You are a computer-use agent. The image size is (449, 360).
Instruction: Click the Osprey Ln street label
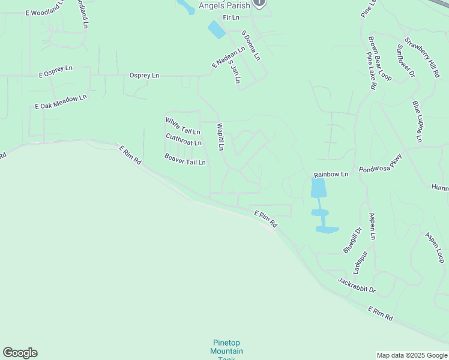tap(144, 76)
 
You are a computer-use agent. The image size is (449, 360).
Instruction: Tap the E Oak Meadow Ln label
tap(61, 101)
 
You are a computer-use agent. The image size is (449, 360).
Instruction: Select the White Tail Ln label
tap(182, 126)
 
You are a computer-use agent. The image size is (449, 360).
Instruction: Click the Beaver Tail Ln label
tap(185, 159)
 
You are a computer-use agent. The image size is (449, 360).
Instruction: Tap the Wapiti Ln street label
tap(220, 137)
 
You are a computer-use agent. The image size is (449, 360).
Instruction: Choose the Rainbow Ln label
tap(331, 175)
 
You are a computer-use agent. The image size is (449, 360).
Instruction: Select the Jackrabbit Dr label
tap(357, 285)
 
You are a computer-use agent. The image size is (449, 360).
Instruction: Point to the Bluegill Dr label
tap(352, 239)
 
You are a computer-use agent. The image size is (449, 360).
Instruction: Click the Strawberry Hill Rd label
tap(422, 58)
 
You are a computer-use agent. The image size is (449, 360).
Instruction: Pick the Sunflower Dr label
tap(406, 61)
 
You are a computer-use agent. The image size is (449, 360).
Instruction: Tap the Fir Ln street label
tap(231, 18)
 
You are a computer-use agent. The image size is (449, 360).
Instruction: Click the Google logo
tap(20, 353)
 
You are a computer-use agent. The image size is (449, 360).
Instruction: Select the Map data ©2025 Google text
tap(412, 355)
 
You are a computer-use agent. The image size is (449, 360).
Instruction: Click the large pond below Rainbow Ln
tap(319, 188)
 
